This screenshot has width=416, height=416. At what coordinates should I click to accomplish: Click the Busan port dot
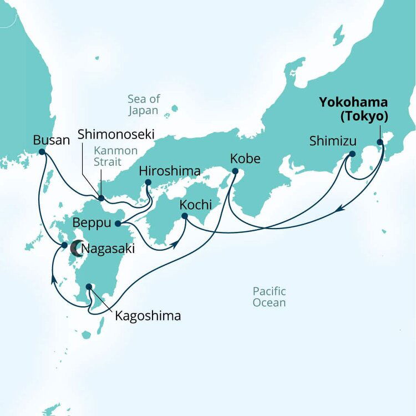(42, 151)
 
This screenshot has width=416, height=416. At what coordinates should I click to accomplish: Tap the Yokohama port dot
(380, 142)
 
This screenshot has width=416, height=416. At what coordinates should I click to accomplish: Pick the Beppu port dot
(118, 224)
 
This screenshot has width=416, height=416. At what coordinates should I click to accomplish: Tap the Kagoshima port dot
(89, 288)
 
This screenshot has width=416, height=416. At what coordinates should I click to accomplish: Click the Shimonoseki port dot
(101, 198)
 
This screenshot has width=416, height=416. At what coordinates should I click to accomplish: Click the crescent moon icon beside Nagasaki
(74, 248)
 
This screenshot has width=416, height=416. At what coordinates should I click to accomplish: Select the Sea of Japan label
(144, 104)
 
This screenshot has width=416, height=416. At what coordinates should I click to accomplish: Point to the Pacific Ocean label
(269, 297)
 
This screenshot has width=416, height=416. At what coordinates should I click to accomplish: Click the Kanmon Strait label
(111, 156)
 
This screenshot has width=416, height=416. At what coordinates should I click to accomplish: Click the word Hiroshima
(169, 171)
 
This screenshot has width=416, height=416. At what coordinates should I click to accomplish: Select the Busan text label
(52, 139)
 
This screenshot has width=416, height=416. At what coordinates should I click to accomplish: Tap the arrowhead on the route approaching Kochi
(176, 243)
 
